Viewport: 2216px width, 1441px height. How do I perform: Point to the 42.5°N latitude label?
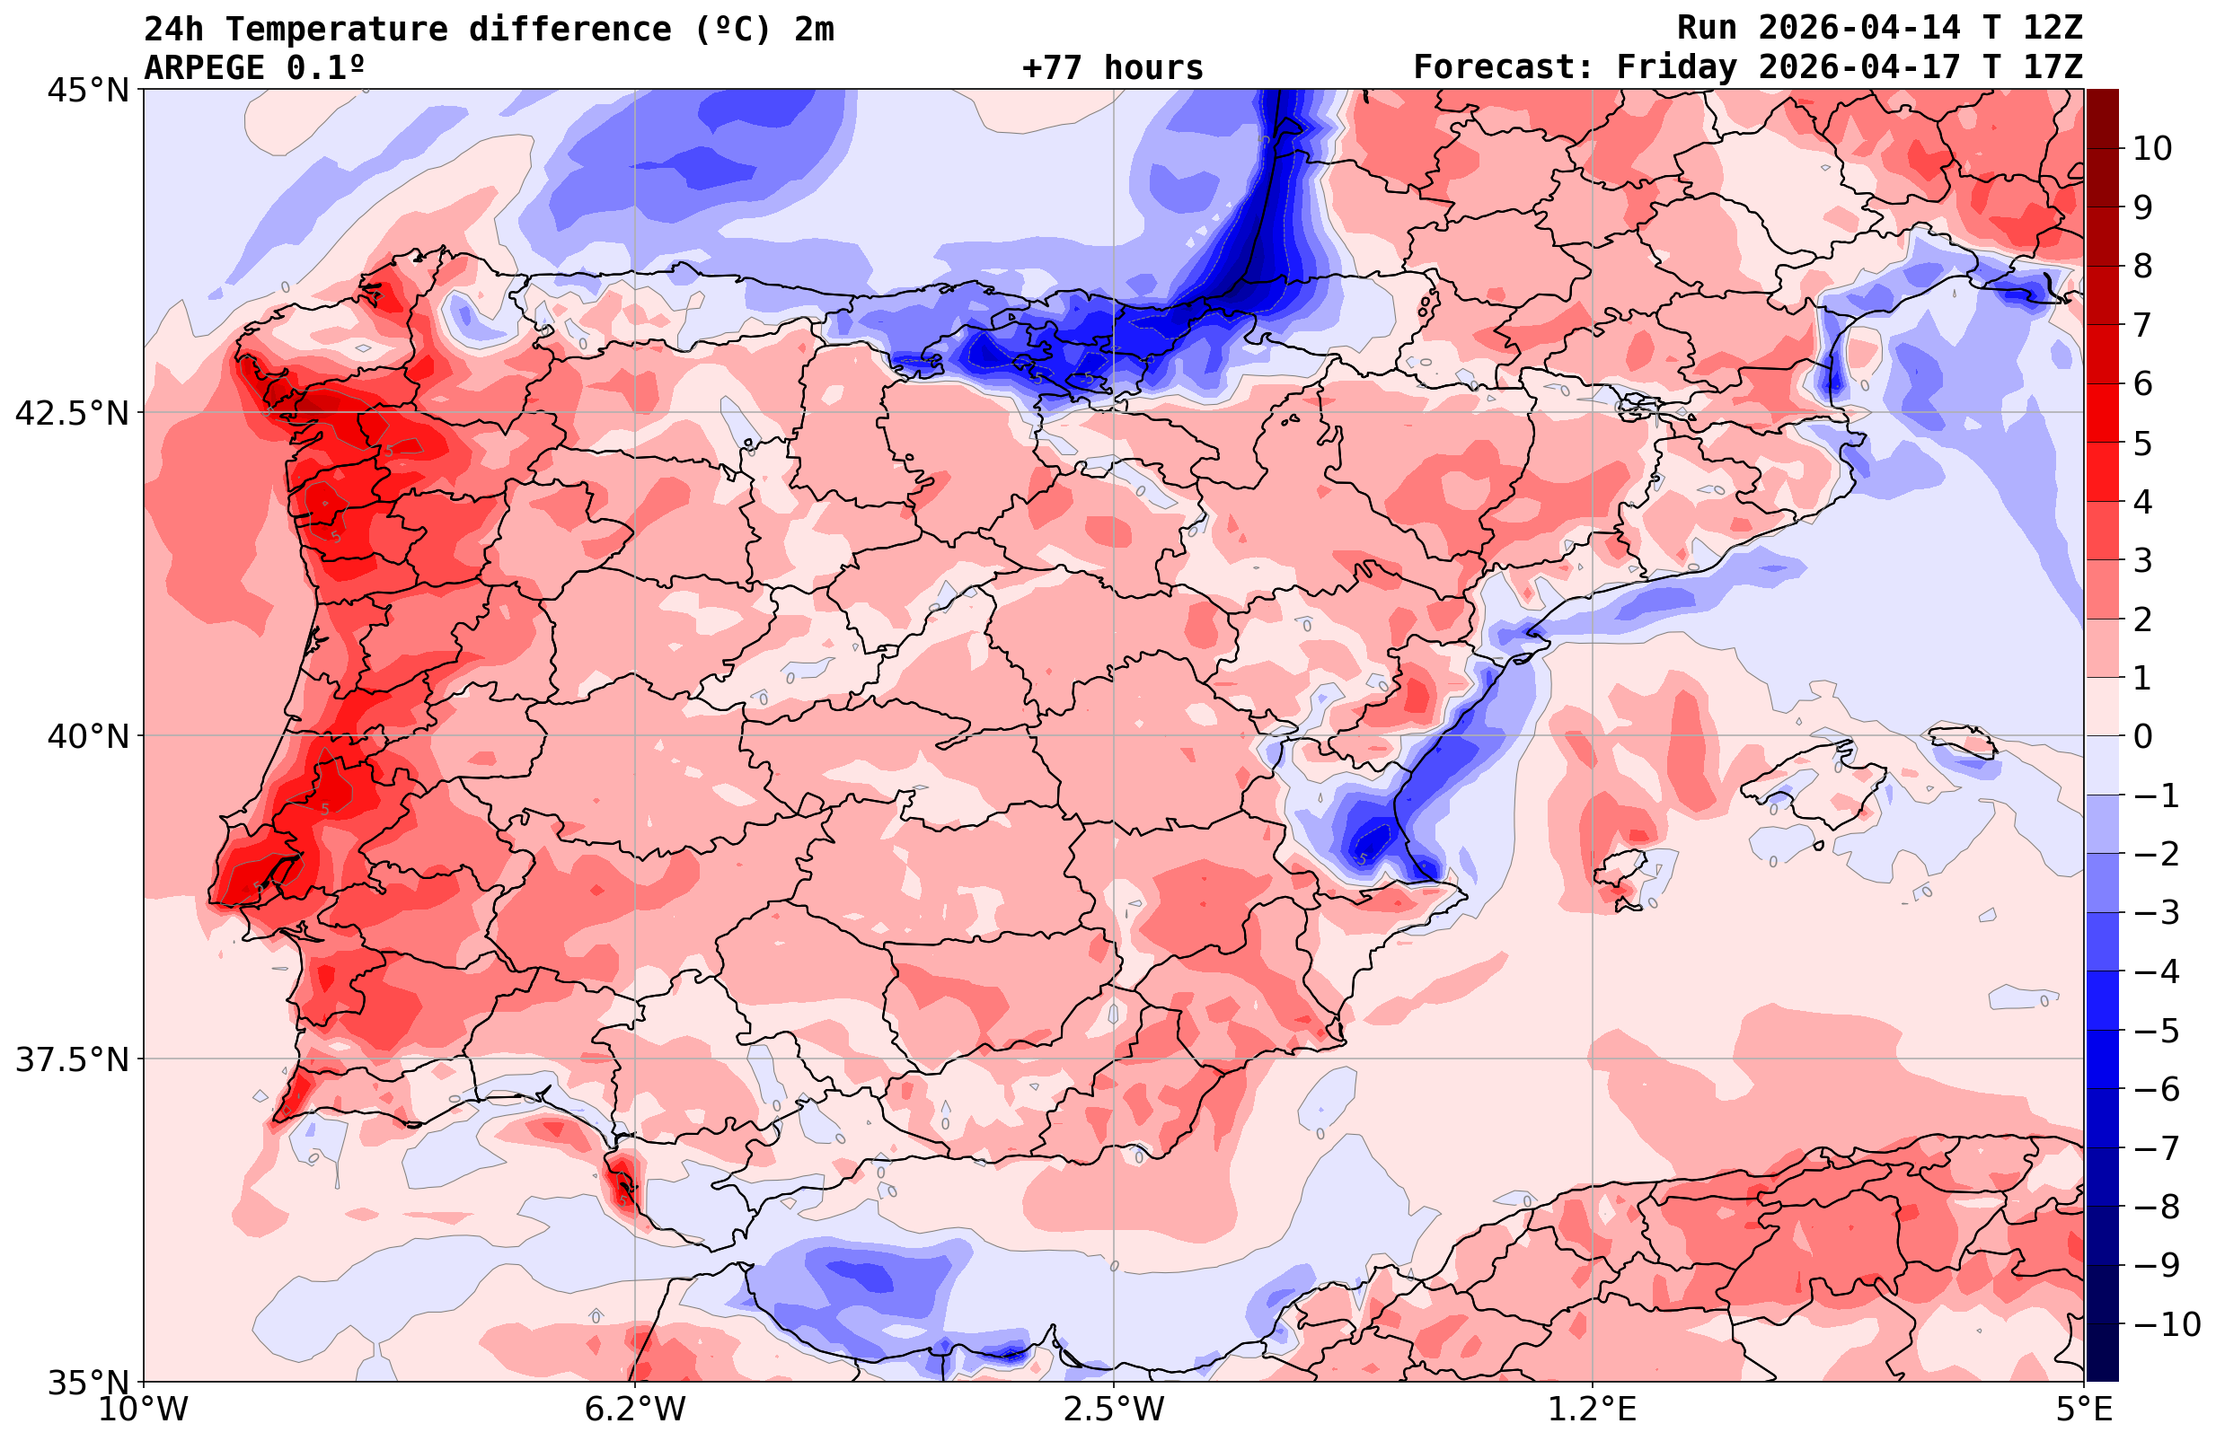click(x=71, y=412)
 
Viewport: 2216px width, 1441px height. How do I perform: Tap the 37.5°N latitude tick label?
click(x=71, y=1059)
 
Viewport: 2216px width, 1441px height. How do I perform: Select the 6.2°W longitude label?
click(x=635, y=1410)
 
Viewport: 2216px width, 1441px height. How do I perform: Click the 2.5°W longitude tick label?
click(x=1114, y=1410)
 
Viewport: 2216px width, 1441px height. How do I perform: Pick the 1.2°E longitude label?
click(x=1593, y=1410)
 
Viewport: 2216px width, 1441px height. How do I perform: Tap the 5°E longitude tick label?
click(x=2084, y=1410)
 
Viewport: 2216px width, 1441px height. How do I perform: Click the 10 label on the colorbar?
click(x=2151, y=148)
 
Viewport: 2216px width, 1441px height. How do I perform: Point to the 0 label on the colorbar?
click(x=2142, y=736)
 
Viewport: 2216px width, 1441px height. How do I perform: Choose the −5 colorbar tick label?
click(x=2155, y=1031)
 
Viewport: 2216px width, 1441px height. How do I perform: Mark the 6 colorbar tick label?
click(x=2142, y=383)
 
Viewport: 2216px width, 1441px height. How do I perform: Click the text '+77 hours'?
click(x=1113, y=68)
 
